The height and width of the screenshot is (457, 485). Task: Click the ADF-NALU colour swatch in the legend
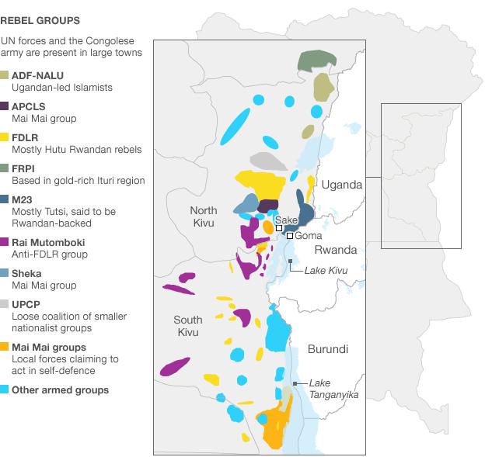[5, 75]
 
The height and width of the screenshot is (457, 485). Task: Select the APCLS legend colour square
[5, 106]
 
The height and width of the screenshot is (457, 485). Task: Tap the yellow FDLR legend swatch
[5, 137]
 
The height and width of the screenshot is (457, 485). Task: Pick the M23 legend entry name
[22, 199]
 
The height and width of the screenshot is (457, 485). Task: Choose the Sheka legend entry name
[26, 273]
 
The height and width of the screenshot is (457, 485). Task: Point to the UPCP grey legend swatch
[5, 304]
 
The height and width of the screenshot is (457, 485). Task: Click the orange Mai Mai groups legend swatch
[5, 348]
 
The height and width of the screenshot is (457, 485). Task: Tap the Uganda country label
[342, 185]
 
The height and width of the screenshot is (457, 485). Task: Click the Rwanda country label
[335, 250]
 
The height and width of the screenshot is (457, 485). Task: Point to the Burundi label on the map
[327, 348]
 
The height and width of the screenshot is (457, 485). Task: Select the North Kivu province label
[205, 217]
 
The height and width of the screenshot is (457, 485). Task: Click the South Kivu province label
[187, 326]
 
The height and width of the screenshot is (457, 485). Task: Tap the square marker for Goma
[289, 236]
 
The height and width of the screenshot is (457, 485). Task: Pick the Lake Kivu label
[325, 269]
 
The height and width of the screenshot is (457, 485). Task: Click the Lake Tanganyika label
[333, 389]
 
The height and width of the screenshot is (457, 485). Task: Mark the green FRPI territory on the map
[316, 60]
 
